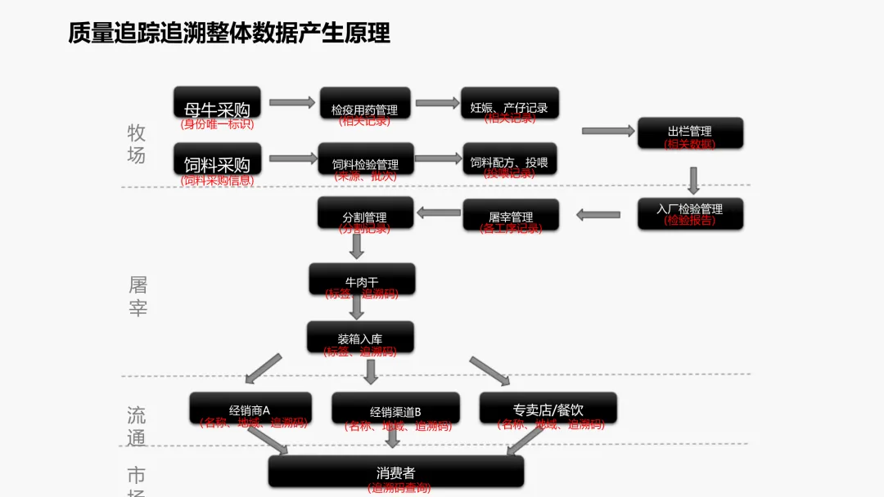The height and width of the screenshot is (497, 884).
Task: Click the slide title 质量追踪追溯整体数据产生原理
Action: click(229, 33)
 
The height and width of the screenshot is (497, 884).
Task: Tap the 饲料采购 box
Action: click(217, 159)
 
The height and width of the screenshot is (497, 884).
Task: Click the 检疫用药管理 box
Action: click(364, 104)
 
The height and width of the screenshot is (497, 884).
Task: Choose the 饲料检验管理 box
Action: click(365, 159)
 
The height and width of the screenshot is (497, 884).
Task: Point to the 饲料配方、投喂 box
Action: click(509, 159)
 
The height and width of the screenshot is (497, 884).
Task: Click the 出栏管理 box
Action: click(690, 132)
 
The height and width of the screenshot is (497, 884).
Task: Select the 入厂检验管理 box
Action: click(690, 212)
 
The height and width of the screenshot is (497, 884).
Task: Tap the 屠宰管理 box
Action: click(511, 214)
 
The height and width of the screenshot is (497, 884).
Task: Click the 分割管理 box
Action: click(364, 213)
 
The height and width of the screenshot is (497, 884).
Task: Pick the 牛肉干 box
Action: click(362, 279)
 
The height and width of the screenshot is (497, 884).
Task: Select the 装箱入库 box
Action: click(360, 336)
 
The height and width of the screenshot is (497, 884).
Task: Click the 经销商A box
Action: click(250, 407)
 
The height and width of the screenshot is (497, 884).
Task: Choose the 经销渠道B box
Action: click(395, 408)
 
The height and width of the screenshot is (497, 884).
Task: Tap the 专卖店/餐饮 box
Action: click(548, 407)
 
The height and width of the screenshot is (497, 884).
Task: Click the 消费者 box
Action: click(396, 471)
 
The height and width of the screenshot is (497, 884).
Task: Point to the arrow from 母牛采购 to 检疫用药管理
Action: click(291, 102)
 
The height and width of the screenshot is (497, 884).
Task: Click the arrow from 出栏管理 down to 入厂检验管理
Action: click(693, 180)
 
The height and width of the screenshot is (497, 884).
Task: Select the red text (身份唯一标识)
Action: click(217, 124)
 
